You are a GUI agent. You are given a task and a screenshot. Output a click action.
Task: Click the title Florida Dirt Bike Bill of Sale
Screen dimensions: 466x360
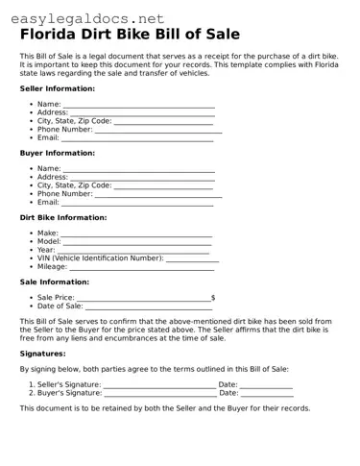130,35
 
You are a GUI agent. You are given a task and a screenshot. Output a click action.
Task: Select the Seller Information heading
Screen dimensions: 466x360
57,88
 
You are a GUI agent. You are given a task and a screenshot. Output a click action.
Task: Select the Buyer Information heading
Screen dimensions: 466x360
57,153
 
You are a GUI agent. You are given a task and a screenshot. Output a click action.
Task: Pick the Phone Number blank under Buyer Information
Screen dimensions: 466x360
157,195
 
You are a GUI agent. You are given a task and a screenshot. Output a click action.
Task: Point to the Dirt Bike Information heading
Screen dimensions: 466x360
62,217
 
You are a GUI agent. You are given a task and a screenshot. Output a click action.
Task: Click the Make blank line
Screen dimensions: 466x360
136,234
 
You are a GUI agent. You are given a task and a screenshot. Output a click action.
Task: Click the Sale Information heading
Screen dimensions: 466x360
54,282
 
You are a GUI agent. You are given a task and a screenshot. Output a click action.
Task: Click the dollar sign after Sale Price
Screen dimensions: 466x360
212,299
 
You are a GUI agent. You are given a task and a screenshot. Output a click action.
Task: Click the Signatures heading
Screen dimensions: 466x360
42,354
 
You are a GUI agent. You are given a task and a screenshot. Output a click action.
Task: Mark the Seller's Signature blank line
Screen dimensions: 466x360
159,384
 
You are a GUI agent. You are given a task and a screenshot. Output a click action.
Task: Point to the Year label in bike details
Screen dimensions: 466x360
46,250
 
